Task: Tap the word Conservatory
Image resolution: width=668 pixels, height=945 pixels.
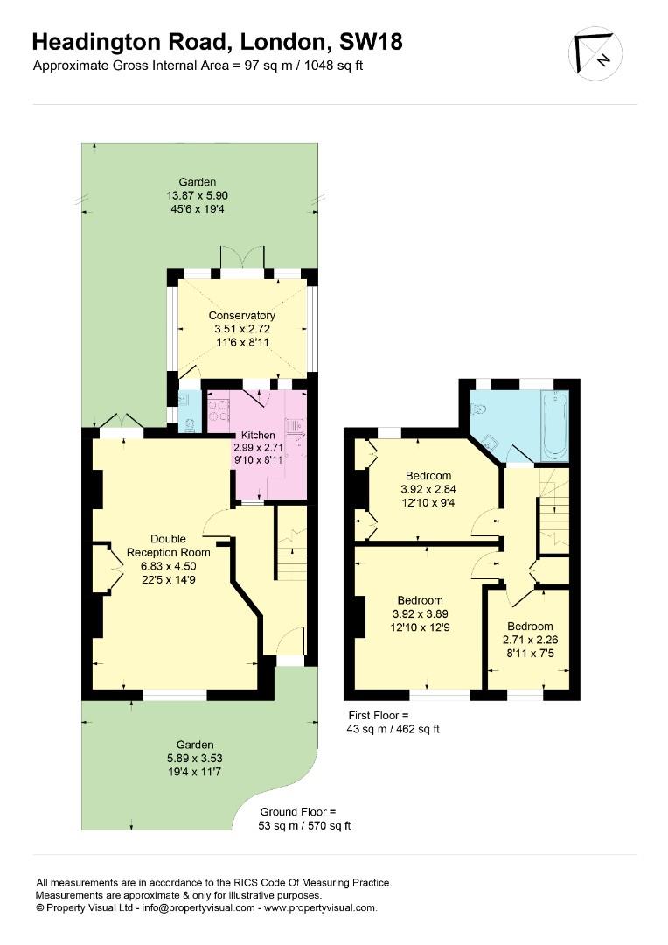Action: pyautogui.click(x=242, y=316)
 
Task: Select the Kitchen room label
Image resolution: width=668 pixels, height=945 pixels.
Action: pyautogui.click(x=258, y=435)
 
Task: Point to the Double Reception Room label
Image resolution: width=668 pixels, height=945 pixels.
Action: pyautogui.click(x=169, y=546)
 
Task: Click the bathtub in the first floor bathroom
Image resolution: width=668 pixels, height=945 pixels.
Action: pyautogui.click(x=554, y=426)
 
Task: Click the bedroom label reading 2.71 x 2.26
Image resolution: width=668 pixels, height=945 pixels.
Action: pyautogui.click(x=530, y=640)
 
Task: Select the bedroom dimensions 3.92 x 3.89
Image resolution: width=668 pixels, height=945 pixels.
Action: pyautogui.click(x=419, y=614)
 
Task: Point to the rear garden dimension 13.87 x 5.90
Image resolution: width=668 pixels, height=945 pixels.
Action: pyautogui.click(x=198, y=196)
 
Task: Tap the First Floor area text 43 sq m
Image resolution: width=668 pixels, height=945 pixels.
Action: pyautogui.click(x=393, y=728)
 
